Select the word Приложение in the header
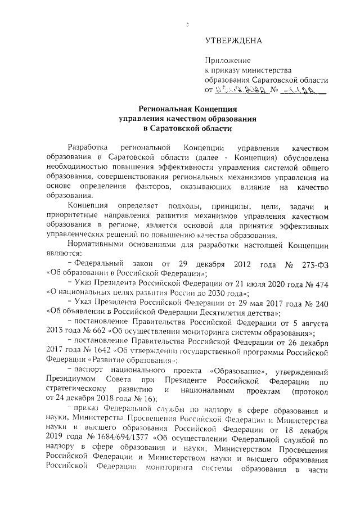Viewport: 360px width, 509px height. point(227,60)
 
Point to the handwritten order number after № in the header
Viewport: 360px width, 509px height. point(307,89)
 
